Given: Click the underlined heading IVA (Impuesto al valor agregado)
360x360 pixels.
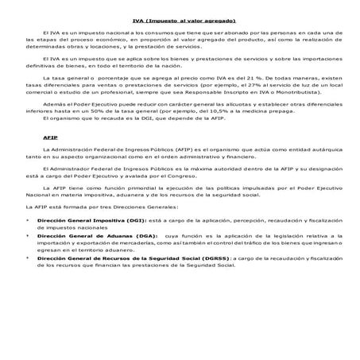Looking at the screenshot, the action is click(180, 21).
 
